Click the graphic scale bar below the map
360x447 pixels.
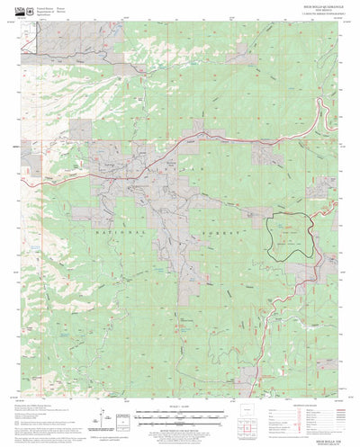180,415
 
